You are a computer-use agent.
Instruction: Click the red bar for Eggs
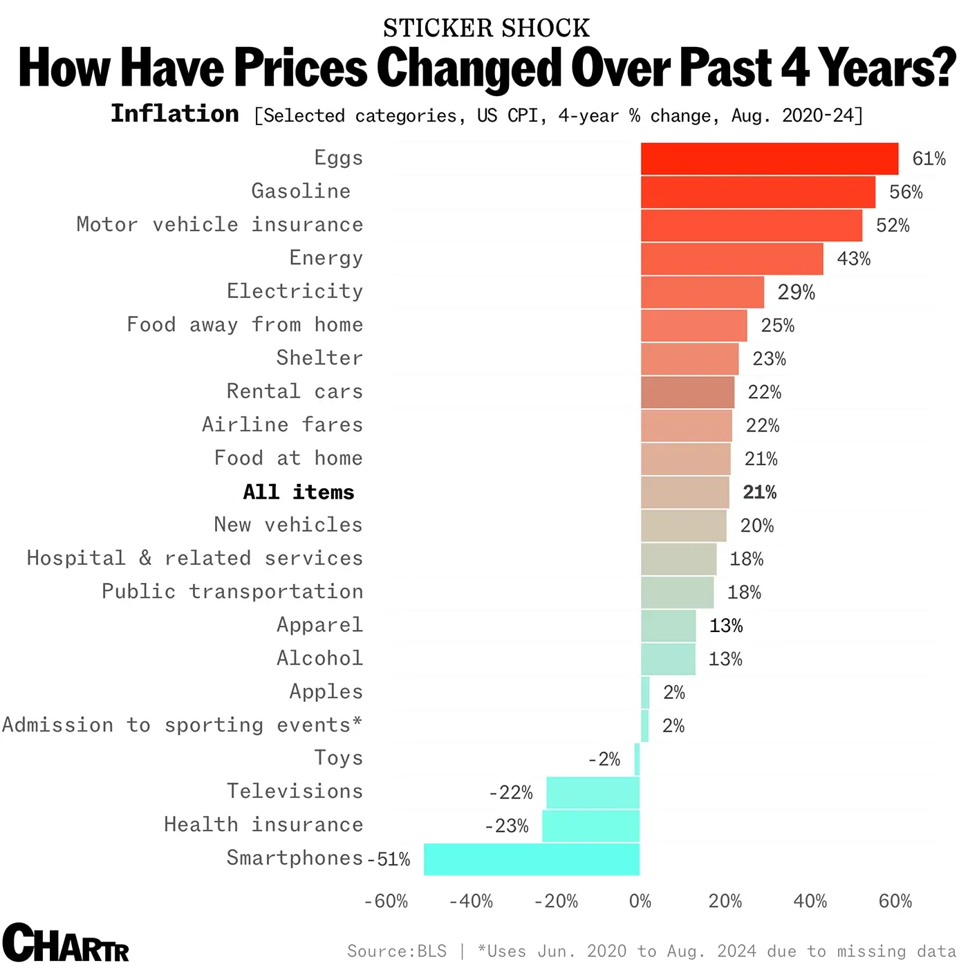coord(769,159)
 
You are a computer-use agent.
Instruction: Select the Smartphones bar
coord(531,859)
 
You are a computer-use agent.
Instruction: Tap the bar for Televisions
coord(593,792)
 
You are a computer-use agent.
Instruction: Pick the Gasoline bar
coord(758,192)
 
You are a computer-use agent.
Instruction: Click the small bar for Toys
coord(637,759)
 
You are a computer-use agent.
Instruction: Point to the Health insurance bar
coord(590,826)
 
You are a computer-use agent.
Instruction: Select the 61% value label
coord(929,159)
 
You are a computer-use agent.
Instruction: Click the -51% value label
coord(389,859)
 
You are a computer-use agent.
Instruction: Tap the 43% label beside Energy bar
coord(853,259)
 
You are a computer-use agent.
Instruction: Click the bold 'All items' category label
coord(299,492)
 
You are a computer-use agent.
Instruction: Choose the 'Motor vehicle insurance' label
coord(219,225)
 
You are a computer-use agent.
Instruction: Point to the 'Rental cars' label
coord(295,391)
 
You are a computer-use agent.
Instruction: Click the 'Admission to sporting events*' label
coord(182,725)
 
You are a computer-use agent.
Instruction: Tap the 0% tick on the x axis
coord(640,902)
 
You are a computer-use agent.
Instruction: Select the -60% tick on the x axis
coord(386,902)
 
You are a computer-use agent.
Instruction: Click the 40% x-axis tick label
coord(810,902)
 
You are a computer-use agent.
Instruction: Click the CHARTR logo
coord(65,943)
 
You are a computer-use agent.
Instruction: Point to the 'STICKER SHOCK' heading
coord(486,28)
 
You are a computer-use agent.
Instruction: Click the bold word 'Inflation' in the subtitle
coord(175,114)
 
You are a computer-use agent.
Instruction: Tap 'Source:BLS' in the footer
coord(397,951)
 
